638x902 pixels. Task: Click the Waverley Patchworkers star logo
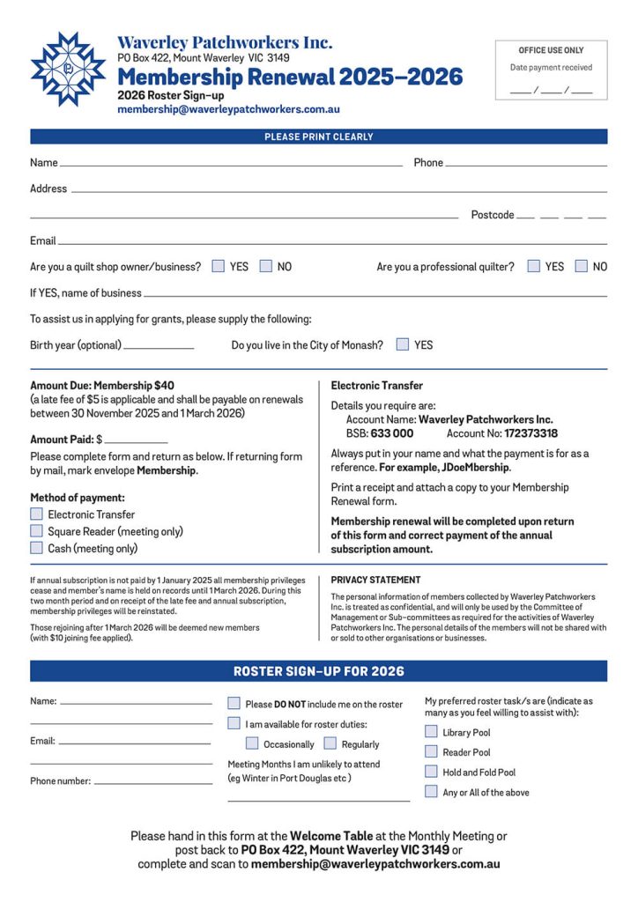point(68,69)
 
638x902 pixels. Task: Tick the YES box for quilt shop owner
point(219,266)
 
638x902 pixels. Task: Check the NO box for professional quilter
point(582,266)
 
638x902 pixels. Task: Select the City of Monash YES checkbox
point(403,344)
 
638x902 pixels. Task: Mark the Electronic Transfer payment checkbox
point(36,514)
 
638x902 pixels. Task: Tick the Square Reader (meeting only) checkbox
point(36,530)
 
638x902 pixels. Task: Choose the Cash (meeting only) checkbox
point(36,548)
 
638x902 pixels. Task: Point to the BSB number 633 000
point(392,433)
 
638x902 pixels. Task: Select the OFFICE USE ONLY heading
point(551,50)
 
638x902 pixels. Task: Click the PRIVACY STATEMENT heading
point(375,580)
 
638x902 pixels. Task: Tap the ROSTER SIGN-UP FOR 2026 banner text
point(319,671)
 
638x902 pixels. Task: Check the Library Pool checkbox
point(431,731)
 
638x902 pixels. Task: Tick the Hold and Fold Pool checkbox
point(431,772)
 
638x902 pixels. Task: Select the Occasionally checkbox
point(252,743)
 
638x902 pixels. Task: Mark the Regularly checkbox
point(330,743)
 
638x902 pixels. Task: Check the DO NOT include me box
point(234,703)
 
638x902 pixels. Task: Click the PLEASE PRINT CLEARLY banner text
point(319,137)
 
